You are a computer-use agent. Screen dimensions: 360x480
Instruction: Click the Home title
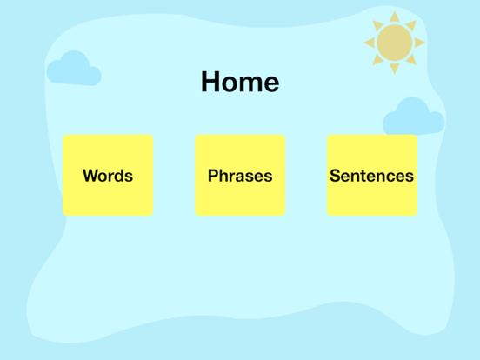pos(240,82)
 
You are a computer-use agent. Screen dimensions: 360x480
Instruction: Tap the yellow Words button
pos(108,175)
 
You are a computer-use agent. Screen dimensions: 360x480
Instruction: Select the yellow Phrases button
pos(240,175)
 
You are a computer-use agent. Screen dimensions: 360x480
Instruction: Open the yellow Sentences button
pos(371,175)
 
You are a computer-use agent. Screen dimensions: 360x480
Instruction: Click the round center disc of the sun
pos(394,42)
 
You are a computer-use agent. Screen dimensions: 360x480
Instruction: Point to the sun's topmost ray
pos(394,17)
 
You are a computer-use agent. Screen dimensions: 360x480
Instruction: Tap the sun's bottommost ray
pos(394,68)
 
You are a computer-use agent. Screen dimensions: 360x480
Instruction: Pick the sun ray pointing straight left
pos(369,42)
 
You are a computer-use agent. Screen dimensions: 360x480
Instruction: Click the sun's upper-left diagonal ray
pos(377,24)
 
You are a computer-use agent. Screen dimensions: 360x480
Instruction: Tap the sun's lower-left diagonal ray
pos(377,60)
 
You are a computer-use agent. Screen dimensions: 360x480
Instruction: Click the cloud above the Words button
pos(73,70)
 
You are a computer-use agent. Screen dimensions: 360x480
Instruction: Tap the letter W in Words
pos(90,176)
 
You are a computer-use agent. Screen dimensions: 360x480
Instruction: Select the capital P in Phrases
pos(213,176)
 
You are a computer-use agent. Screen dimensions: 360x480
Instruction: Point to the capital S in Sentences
pos(335,176)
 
